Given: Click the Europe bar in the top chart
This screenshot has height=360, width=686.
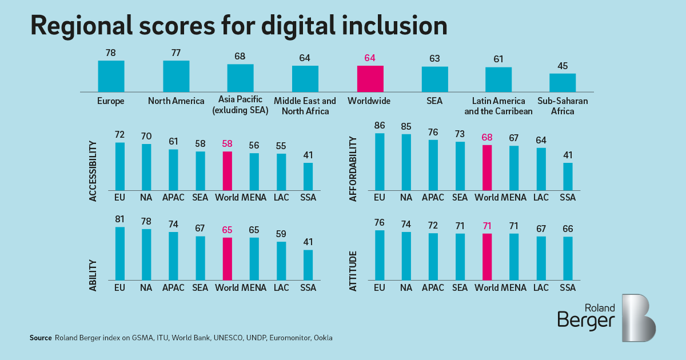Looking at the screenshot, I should [111, 76].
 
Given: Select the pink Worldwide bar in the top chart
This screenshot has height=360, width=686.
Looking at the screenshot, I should [370, 79].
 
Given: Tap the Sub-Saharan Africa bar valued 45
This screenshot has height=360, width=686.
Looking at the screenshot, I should [563, 83].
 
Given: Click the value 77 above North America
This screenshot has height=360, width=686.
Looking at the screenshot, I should [176, 53].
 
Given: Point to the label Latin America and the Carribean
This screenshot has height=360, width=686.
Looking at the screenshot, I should [498, 106].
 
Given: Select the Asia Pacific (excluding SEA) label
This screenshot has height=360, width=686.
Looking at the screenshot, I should [240, 106].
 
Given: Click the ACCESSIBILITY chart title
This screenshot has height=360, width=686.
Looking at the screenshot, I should [93, 171].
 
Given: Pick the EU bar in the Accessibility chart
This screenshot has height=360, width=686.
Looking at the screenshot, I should [120, 166].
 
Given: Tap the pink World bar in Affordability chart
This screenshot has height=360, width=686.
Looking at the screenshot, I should [487, 167].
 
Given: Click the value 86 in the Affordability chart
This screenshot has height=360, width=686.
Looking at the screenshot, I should [380, 125].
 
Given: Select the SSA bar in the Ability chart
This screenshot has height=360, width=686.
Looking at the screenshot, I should [308, 265].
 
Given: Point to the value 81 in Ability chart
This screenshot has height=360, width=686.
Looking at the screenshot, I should [120, 219].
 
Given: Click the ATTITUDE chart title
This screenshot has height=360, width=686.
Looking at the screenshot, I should [353, 270].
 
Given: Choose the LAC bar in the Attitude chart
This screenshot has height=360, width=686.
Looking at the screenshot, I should [541, 258].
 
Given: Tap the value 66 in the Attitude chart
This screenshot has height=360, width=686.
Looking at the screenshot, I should [568, 229].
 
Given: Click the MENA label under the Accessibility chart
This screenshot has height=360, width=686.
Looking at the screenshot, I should [254, 198].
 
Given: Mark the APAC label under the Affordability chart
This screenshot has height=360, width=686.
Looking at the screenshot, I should [433, 198].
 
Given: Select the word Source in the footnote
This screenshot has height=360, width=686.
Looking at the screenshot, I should [41, 338].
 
